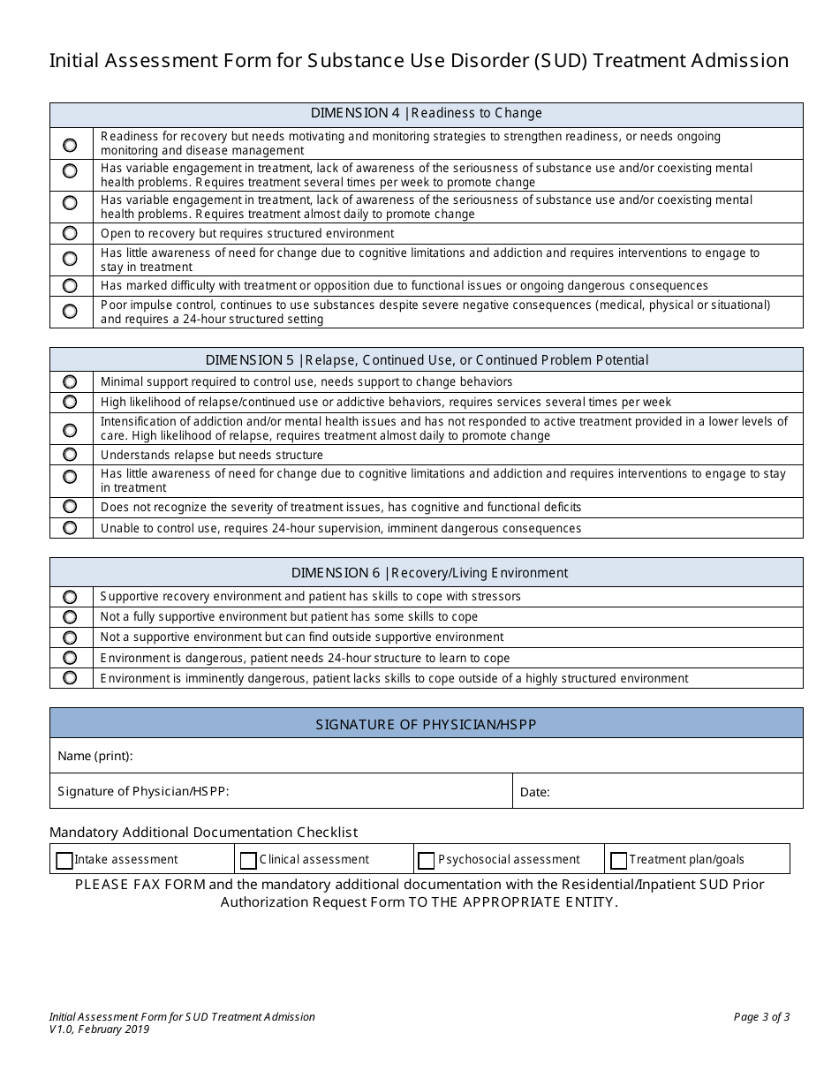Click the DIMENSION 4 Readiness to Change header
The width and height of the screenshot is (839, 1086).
(427, 114)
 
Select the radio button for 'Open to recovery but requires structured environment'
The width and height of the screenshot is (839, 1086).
(71, 234)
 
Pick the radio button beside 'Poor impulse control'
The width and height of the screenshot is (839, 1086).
(71, 312)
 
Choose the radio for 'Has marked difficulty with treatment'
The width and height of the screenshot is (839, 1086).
(71, 286)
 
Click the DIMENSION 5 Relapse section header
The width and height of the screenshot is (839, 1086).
(427, 360)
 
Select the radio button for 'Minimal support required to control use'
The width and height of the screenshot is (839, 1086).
(71, 382)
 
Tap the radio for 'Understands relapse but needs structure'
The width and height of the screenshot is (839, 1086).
(71, 455)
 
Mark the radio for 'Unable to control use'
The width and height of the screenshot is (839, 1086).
(71, 528)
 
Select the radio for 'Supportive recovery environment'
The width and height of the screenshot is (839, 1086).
(71, 597)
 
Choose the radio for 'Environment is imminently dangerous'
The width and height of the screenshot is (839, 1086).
(71, 678)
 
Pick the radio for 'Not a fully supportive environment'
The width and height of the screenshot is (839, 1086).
(71, 617)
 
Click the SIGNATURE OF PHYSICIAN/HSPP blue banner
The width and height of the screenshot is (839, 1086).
(427, 724)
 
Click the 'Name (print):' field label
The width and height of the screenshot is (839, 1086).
(95, 757)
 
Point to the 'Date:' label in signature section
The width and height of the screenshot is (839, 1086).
(535, 792)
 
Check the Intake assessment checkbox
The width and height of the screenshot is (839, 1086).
(64, 860)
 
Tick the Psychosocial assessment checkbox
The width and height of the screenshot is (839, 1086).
(427, 860)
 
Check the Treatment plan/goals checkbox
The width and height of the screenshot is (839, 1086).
(619, 860)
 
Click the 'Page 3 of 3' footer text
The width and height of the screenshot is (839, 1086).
(761, 1017)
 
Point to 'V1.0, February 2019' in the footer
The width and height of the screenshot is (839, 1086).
(100, 1029)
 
